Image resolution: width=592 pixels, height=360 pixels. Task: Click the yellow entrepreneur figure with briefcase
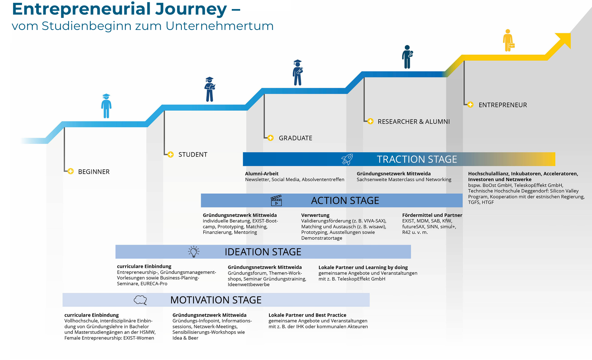click(x=508, y=40)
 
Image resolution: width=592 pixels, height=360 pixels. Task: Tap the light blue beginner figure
click(x=106, y=106)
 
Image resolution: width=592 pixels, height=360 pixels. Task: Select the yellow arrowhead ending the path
click(x=565, y=40)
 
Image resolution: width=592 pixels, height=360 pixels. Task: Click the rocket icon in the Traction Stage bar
click(x=347, y=159)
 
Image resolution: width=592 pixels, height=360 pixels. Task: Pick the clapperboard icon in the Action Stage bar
click(x=276, y=200)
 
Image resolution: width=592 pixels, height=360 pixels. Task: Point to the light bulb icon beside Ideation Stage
click(x=194, y=252)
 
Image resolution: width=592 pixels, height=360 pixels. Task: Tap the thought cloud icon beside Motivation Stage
click(x=141, y=300)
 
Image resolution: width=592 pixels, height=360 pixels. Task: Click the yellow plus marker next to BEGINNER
click(x=70, y=171)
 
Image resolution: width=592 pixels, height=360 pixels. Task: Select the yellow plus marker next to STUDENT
click(x=170, y=154)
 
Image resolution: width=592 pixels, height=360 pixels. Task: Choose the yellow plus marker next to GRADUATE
click(x=270, y=138)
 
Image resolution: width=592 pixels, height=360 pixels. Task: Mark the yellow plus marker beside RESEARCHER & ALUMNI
click(x=370, y=121)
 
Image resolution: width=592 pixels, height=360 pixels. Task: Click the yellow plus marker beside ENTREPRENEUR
click(x=470, y=105)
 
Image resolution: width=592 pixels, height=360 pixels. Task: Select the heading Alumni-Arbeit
click(x=262, y=174)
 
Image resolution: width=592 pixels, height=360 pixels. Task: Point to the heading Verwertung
click(x=315, y=215)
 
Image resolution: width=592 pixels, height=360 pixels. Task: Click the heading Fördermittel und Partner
click(x=432, y=215)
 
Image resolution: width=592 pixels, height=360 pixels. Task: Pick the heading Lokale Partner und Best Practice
click(x=307, y=315)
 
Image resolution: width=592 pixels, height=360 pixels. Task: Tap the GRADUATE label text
click(x=296, y=138)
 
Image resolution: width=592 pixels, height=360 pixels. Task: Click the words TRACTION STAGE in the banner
click(x=417, y=160)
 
